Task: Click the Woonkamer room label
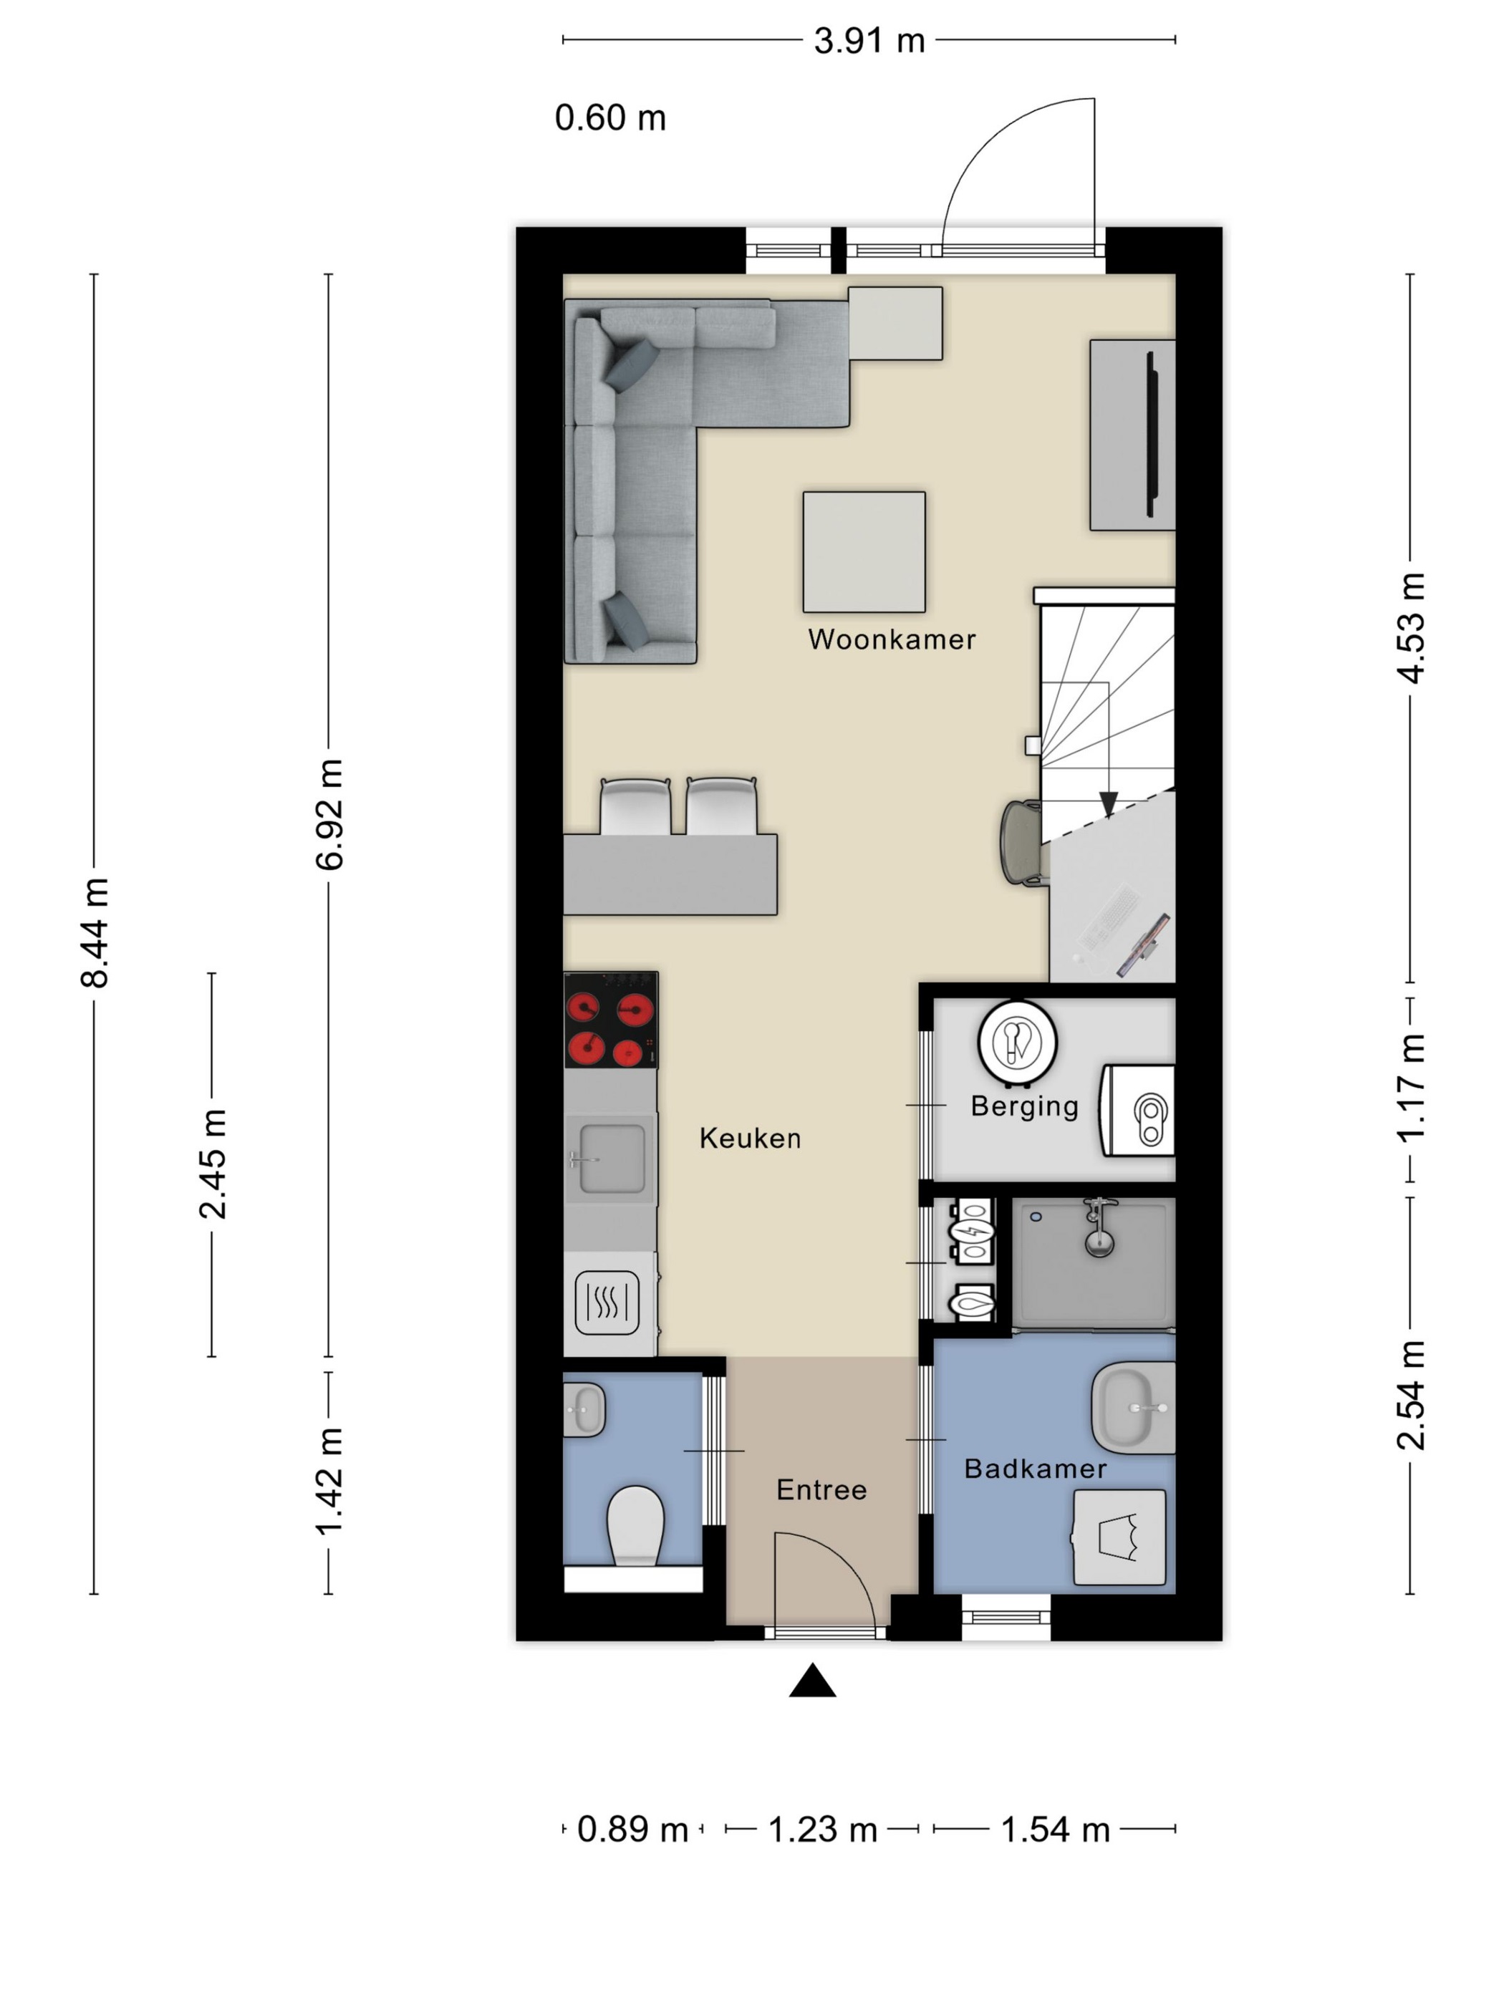pos(891,639)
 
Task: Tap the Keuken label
pos(750,1138)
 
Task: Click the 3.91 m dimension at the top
pos(869,41)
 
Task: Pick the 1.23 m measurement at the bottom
pos(822,1829)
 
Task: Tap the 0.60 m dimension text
pos(610,118)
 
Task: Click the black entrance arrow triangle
pos(812,1680)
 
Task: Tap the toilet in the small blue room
pos(635,1527)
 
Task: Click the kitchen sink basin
pos(612,1159)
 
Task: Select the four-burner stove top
pos(610,1020)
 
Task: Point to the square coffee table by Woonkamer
pos(864,552)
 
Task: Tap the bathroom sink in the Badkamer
pos(1133,1409)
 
